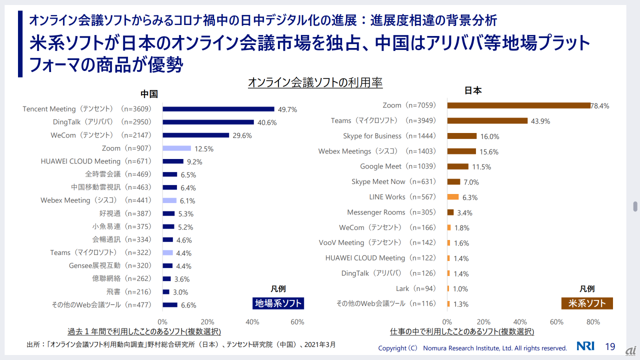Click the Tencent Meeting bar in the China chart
tap(218, 109)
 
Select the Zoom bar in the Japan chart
tap(519, 105)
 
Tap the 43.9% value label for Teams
tap(540, 121)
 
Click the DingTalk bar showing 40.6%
tap(208, 122)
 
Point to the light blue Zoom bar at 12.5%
tap(177, 148)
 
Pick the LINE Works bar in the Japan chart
tap(453, 197)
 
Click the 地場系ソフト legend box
tap(278, 303)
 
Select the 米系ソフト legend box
tap(587, 303)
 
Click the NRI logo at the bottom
tap(585, 346)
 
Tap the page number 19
tap(610, 347)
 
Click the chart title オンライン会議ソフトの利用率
tap(315, 83)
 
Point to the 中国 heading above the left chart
tap(149, 94)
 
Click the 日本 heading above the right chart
tap(473, 90)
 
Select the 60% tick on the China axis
tap(297, 322)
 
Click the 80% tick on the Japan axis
tap(593, 322)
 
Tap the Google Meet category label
tap(398, 166)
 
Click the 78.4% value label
tap(599, 106)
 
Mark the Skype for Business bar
tap(462, 136)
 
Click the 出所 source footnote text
tap(181, 344)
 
